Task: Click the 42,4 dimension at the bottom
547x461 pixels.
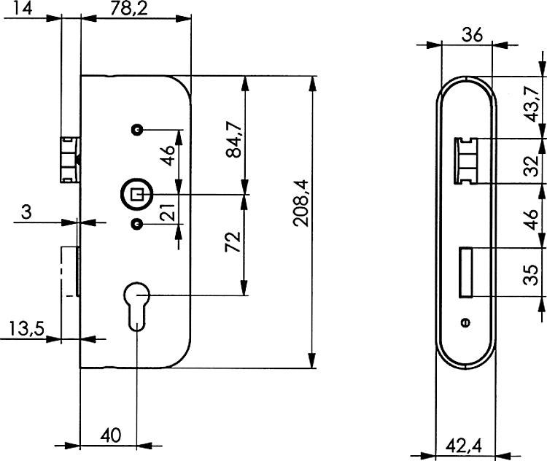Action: pyautogui.click(x=465, y=443)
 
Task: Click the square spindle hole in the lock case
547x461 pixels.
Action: pyautogui.click(x=136, y=194)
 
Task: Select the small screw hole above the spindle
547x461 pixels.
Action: pyautogui.click(x=136, y=129)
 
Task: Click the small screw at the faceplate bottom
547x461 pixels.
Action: pyautogui.click(x=465, y=322)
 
